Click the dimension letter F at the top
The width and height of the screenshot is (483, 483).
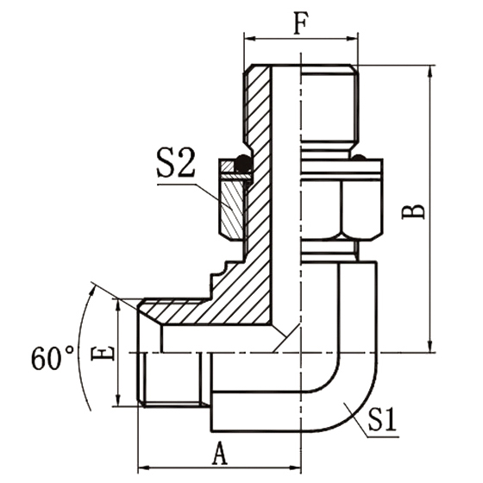(300, 24)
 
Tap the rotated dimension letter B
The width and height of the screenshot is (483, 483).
(416, 210)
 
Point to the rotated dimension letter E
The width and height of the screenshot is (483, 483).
(103, 353)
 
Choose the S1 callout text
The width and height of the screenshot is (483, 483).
(385, 422)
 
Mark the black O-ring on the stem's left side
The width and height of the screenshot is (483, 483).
(244, 162)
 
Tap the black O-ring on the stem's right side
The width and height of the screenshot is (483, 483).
(358, 158)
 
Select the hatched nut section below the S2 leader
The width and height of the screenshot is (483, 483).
(232, 207)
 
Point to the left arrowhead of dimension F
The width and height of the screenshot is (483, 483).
(249, 39)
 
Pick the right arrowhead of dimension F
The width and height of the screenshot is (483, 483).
(353, 39)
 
